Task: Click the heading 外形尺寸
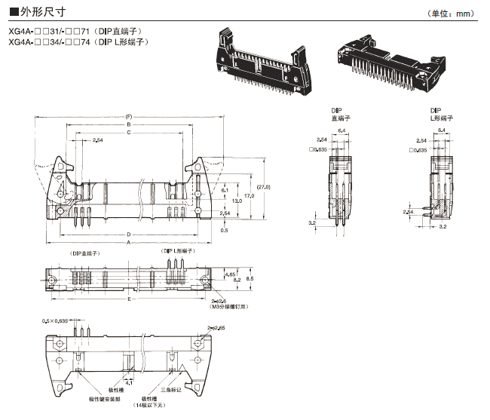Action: point(31,13)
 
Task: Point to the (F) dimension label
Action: point(129,117)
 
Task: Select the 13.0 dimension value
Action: point(237,201)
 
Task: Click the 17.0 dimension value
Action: point(250,196)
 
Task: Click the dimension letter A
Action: point(129,243)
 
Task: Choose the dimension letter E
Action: point(129,299)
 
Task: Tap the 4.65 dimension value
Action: point(230,276)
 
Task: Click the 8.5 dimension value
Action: point(250,279)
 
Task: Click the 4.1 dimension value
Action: point(130,383)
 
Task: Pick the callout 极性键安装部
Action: point(106,397)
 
